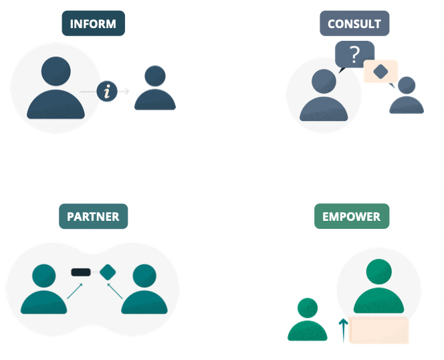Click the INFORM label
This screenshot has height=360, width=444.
coord(93,24)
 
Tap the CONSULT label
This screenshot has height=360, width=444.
coord(354,24)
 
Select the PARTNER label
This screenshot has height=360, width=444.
coord(93,217)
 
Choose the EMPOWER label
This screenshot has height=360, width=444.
coord(351,217)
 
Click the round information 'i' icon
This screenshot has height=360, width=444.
coord(107,90)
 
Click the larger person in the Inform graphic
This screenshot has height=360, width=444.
coord(56,88)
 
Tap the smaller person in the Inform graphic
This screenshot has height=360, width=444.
coord(155,89)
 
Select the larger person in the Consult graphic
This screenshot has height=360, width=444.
coord(324,98)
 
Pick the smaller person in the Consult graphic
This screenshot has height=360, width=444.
coord(406,96)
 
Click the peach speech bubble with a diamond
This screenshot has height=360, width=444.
coord(380,72)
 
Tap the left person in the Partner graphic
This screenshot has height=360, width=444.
coord(44,290)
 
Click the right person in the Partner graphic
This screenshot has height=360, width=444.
coord(144,290)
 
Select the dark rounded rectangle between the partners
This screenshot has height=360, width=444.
coord(81,272)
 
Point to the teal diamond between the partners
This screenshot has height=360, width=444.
coord(108,272)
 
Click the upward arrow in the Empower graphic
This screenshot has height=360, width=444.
coord(344,330)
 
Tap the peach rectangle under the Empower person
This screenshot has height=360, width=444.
coord(378,330)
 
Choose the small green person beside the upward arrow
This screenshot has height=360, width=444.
coord(308,320)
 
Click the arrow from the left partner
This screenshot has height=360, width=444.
coord(74,291)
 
